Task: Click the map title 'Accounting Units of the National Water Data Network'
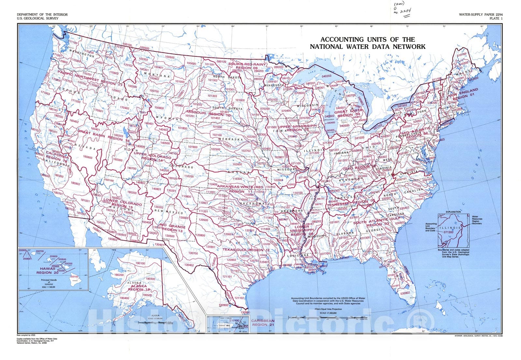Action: pos(367,43)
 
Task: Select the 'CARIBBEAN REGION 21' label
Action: pos(263,323)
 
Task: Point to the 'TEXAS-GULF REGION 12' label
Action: pos(246,250)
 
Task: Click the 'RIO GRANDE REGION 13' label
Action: pos(172,228)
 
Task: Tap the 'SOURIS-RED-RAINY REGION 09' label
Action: pos(247,66)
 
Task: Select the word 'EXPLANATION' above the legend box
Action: pos(453,212)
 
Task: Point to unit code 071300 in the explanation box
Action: pos(448,232)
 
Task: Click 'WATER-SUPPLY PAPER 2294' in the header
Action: pos(481,15)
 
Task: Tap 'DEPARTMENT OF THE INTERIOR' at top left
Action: pos(42,15)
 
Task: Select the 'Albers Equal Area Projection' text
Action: pos(328,309)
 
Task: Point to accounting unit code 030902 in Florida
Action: pos(405,293)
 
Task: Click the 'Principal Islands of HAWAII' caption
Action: pos(49,282)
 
